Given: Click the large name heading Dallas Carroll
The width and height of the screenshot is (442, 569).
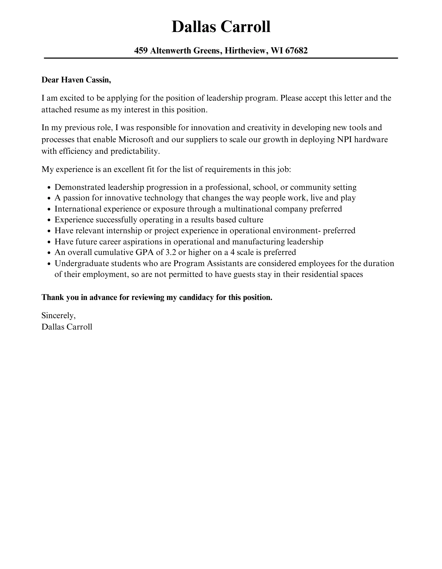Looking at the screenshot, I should [221, 27].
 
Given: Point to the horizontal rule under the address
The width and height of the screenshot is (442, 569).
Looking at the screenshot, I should [221, 58].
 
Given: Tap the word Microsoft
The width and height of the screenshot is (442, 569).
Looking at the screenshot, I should [136, 140].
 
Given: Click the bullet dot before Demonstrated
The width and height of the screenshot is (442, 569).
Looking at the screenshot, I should [49, 188].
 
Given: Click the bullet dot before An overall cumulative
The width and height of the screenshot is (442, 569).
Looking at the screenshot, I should [49, 253].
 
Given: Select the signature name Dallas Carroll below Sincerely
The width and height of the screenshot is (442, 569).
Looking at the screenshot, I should [67, 327].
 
